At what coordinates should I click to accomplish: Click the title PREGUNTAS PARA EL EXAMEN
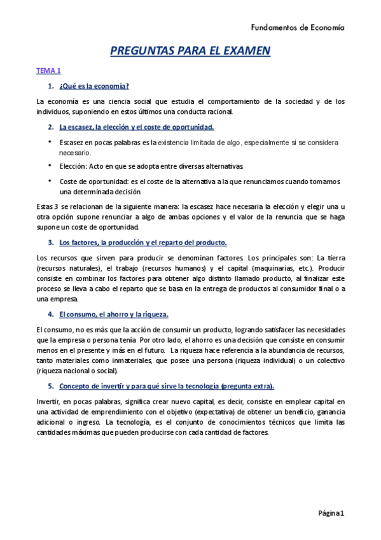tap(191, 50)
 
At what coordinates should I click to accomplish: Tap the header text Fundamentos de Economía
tap(298, 27)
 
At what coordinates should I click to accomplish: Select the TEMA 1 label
tap(48, 71)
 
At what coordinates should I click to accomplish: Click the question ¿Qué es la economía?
tap(94, 86)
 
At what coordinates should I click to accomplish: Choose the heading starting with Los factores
tap(142, 243)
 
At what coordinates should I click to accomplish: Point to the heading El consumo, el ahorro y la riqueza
tap(114, 315)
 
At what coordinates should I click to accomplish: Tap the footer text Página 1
tap(331, 513)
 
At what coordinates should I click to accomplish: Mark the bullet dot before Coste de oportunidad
tap(50, 180)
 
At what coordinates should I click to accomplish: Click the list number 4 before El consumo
tap(50, 315)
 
